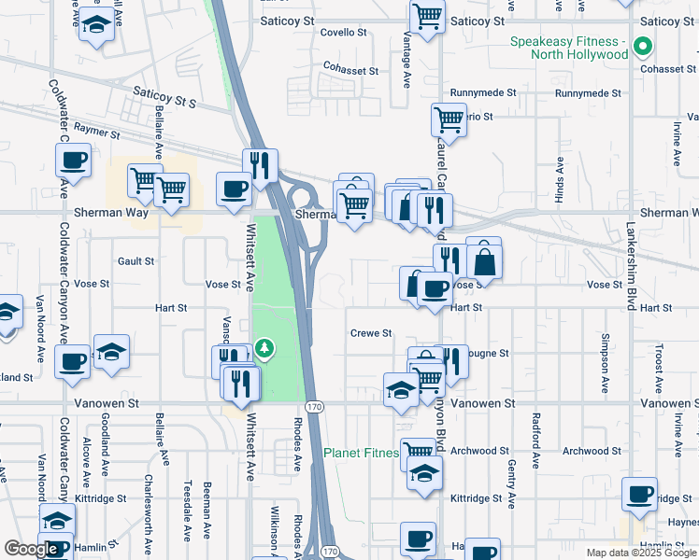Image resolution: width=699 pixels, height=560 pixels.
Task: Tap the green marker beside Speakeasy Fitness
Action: click(x=643, y=45)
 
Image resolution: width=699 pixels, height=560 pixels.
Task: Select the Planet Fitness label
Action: click(x=362, y=454)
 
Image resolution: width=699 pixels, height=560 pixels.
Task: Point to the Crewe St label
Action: click(x=370, y=333)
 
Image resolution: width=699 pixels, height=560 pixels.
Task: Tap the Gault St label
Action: click(x=136, y=261)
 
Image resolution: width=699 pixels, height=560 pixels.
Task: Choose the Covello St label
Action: click(x=343, y=32)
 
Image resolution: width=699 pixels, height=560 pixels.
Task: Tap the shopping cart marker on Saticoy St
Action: click(x=427, y=16)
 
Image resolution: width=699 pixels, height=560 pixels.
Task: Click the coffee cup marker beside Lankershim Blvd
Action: click(x=640, y=496)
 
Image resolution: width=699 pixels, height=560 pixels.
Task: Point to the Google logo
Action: click(x=32, y=550)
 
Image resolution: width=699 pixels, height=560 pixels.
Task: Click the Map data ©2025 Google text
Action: click(x=641, y=553)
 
